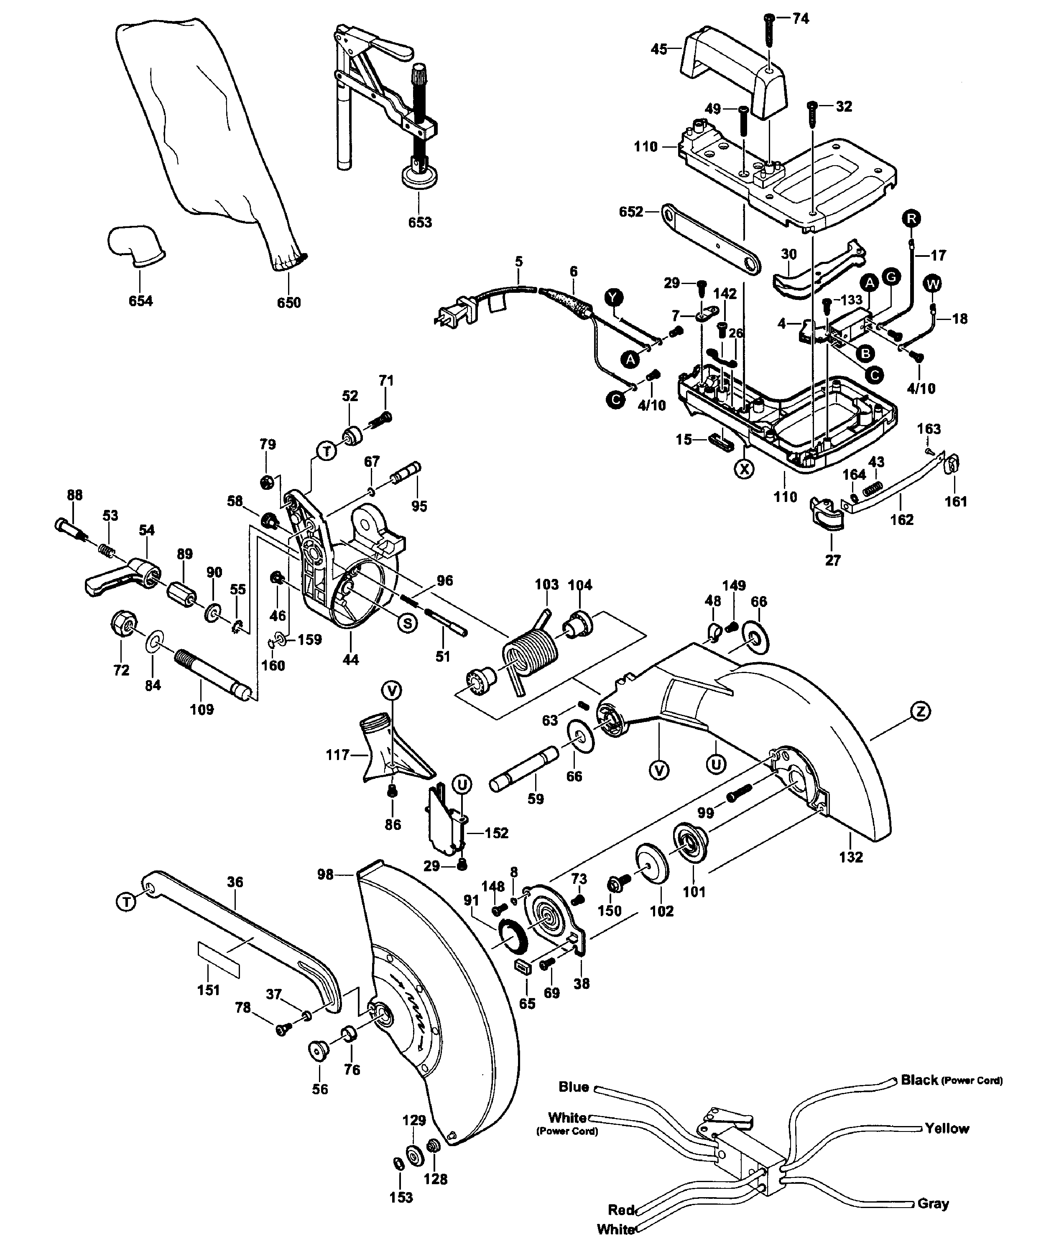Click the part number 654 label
[140, 301]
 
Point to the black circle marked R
[911, 218]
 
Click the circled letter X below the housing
[744, 469]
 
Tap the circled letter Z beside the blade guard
[920, 712]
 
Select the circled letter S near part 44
[408, 623]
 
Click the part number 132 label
[850, 857]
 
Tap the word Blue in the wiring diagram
[573, 1087]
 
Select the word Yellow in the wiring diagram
[947, 1128]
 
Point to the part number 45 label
[659, 49]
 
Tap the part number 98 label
[325, 875]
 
